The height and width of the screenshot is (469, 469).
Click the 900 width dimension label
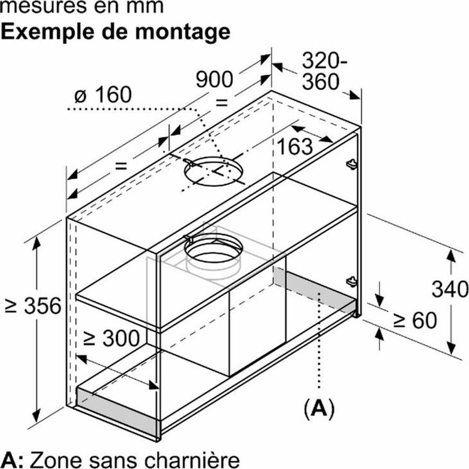(214, 80)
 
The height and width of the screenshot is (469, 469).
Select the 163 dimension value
(295, 147)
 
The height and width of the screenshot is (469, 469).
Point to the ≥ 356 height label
(32, 306)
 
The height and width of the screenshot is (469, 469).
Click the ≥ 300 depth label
(111, 338)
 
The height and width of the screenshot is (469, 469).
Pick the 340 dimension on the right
(450, 290)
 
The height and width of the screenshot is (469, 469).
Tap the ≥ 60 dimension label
(414, 321)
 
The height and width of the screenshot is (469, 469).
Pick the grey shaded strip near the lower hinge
(316, 292)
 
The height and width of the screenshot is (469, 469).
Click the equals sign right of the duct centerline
(221, 102)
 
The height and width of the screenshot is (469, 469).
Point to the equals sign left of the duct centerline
(120, 166)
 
